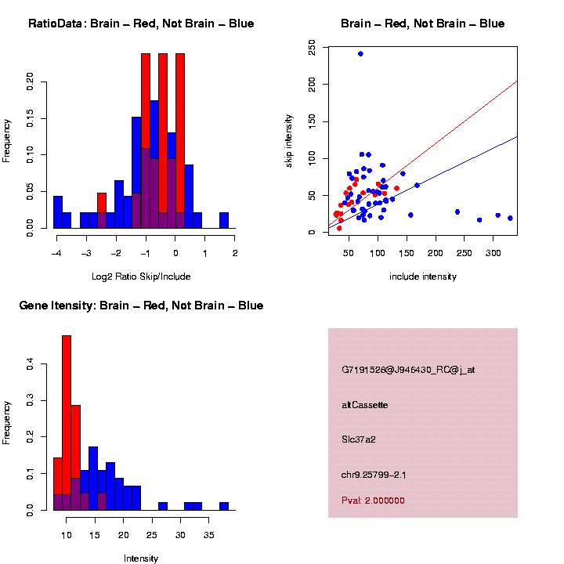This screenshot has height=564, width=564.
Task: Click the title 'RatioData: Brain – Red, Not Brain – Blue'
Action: point(141,23)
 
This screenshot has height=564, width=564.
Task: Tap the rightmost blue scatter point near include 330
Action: point(510,219)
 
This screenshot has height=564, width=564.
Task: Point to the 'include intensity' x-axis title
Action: point(423,277)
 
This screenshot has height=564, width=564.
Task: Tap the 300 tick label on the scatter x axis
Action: point(493,253)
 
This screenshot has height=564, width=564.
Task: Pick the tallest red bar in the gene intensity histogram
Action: point(67,423)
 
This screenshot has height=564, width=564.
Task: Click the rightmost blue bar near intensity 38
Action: point(224,506)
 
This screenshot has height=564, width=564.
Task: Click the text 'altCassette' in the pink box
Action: point(365,405)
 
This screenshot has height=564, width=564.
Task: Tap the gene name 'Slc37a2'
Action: point(359,439)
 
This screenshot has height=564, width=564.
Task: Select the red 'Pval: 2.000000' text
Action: point(373,501)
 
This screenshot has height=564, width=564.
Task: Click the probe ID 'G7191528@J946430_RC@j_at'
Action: point(408,370)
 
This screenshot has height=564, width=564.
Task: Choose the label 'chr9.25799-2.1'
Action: point(373,475)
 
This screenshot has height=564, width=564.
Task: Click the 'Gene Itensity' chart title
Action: point(141,305)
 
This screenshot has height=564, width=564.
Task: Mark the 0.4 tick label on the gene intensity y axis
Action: point(30,365)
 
